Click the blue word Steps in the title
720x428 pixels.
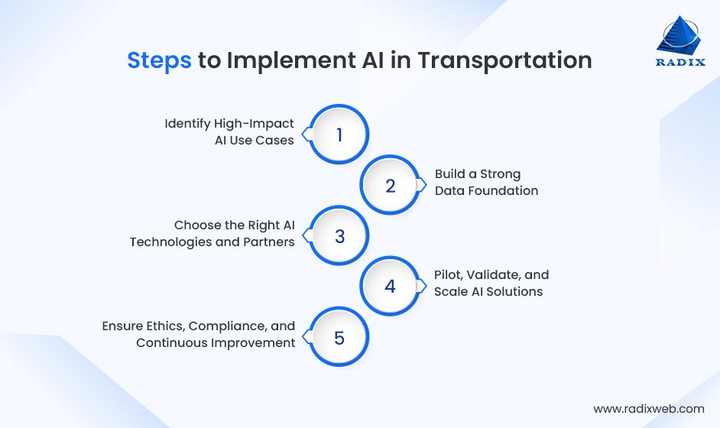159,60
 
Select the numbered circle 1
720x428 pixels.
339,135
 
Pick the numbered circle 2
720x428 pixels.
391,185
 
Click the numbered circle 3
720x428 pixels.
339,236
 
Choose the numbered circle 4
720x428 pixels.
391,287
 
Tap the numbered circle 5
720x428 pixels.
339,337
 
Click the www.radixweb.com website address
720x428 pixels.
649,409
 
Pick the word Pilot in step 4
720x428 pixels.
448,274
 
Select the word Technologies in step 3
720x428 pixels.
168,242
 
